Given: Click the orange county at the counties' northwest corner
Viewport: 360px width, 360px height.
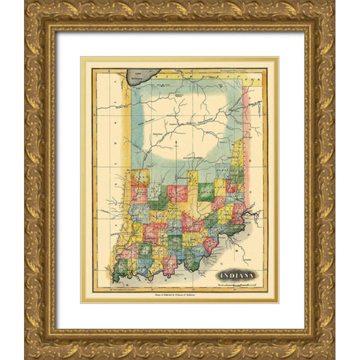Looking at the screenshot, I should (x=139, y=179).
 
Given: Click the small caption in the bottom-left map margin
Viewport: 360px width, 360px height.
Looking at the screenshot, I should (x=120, y=288).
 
